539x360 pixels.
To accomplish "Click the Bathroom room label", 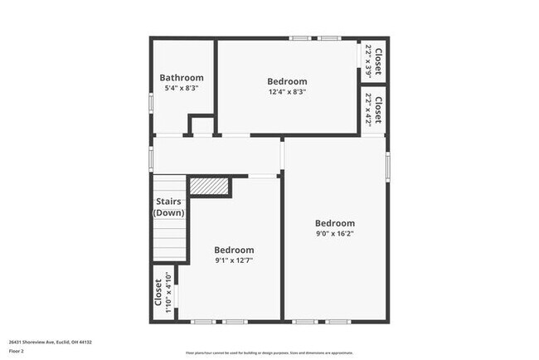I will click(x=182, y=78).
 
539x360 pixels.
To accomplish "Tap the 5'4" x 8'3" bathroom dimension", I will click(x=182, y=88).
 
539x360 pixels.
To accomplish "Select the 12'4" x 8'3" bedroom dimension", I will click(x=287, y=92).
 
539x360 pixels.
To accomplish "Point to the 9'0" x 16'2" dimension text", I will click(x=335, y=235).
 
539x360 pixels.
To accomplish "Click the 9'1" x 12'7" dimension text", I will click(x=234, y=260).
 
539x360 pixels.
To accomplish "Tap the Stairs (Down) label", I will click(x=169, y=207).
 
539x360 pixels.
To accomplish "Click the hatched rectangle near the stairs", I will click(x=209, y=185).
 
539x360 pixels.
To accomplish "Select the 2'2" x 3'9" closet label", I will click(x=373, y=61).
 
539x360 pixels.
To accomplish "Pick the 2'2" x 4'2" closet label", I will click(x=373, y=110).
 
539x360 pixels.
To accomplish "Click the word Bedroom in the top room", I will click(x=287, y=81).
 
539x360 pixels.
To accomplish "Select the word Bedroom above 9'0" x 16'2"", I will click(x=335, y=223).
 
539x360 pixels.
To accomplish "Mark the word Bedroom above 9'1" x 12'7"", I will click(x=234, y=250).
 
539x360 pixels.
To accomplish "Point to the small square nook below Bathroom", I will click(x=202, y=126).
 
